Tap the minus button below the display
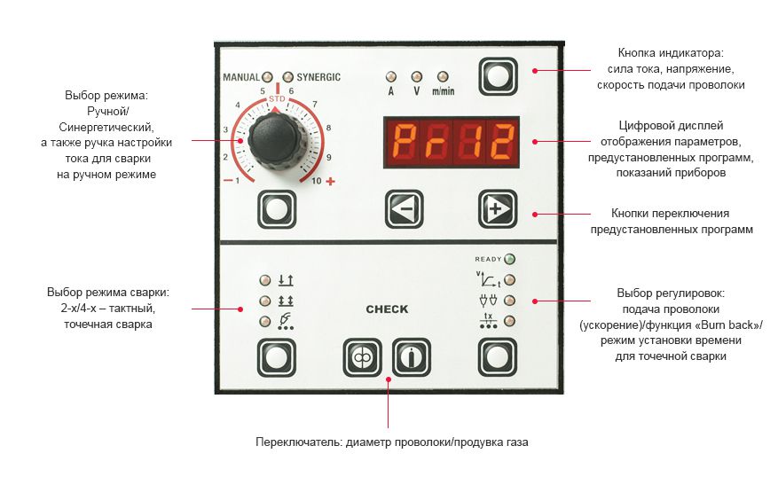tap(404, 209)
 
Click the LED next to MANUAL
tap(266, 77)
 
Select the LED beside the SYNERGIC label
tap(288, 77)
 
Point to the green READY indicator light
tap(509, 260)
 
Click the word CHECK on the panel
tap(387, 309)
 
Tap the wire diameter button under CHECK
tap(362, 357)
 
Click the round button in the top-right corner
tap(497, 76)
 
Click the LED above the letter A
tap(390, 77)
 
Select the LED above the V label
tap(415, 77)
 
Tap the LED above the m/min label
tap(442, 77)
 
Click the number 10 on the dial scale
tap(317, 182)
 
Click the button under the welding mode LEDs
tap(276, 357)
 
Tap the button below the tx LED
tap(497, 357)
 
